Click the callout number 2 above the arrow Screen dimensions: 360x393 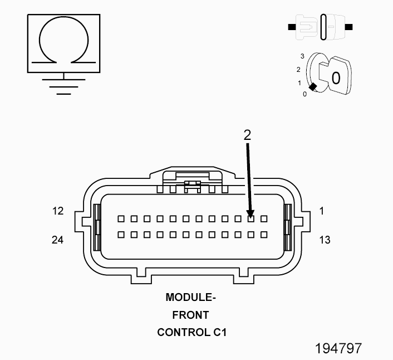(x=247, y=134)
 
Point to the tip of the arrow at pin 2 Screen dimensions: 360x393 (x=250, y=216)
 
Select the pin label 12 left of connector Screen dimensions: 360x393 (x=58, y=211)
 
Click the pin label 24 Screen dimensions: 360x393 (x=58, y=240)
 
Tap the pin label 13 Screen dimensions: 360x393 (x=325, y=240)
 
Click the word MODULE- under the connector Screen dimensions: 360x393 (x=190, y=298)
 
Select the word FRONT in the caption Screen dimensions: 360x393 (x=190, y=315)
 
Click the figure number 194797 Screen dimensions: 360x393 (x=338, y=348)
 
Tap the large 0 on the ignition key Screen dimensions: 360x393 (x=335, y=77)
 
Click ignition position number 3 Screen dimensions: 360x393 (x=302, y=57)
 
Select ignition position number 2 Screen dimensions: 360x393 (x=298, y=70)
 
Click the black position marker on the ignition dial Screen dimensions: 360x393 (x=313, y=86)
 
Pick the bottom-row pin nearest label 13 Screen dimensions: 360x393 (x=264, y=235)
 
